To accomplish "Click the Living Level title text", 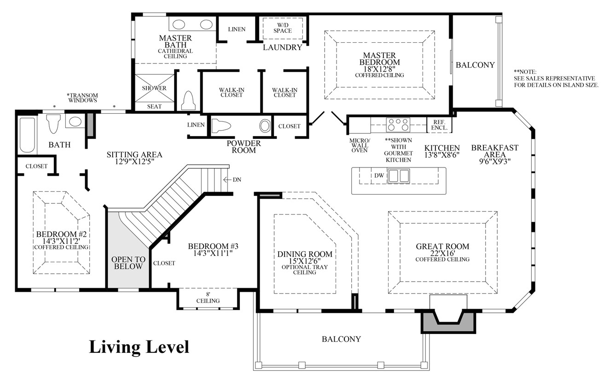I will (x=139, y=346).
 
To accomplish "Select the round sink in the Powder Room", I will (x=265, y=126).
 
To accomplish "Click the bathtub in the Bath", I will (x=27, y=135).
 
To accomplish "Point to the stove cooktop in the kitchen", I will (x=398, y=125).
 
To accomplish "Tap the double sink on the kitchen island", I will (x=398, y=176).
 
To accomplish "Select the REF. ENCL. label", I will (x=437, y=125).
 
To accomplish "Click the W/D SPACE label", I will (x=282, y=28).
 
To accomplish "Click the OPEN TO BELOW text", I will (x=128, y=263).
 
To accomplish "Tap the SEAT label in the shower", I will (x=154, y=106).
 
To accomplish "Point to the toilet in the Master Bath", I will (x=188, y=101).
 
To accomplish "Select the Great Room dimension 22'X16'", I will (x=442, y=253).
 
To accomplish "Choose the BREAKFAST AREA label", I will (x=494, y=151).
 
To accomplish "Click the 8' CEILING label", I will (x=208, y=298).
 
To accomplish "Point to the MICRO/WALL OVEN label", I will (x=359, y=145).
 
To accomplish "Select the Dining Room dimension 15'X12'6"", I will (x=305, y=260).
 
